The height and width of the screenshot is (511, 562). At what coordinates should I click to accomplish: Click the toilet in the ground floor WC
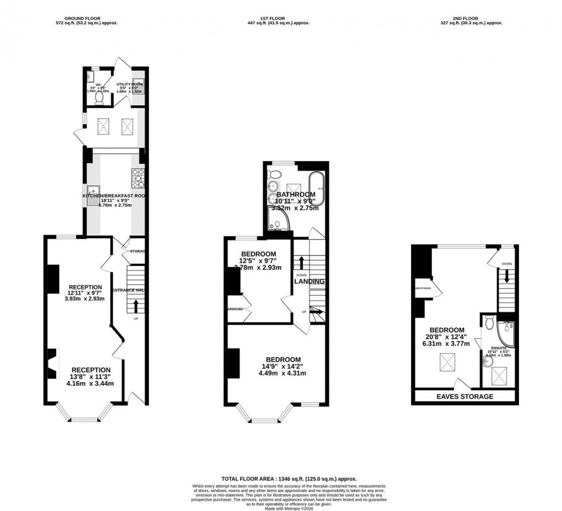[100, 99]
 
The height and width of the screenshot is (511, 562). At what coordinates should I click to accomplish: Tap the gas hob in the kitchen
[138, 178]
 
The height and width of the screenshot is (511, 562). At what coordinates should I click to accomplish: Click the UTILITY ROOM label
[129, 84]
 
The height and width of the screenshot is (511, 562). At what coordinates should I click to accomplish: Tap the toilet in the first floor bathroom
[275, 174]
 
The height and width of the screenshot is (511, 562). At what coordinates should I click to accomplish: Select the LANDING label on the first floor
[310, 281]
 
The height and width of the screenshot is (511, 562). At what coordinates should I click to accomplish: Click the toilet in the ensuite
[489, 324]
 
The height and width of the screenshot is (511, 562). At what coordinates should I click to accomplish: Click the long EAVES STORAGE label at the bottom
[465, 397]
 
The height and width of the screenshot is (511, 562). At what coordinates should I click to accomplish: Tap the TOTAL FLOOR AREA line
[289, 478]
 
